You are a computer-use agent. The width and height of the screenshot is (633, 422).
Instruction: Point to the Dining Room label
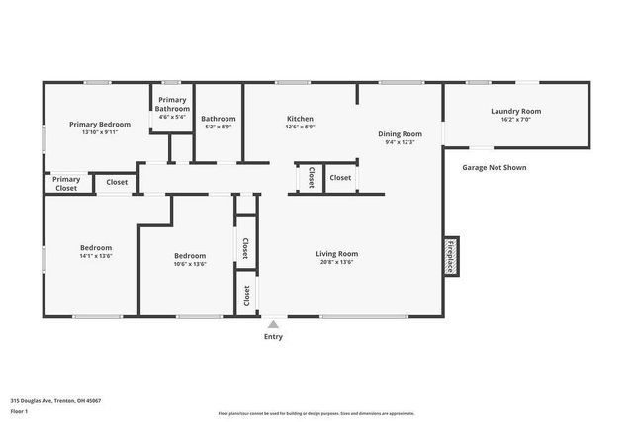[400, 133]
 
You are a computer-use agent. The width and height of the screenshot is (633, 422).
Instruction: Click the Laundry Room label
[515, 111]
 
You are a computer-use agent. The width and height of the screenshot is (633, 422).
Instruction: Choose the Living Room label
[336, 253]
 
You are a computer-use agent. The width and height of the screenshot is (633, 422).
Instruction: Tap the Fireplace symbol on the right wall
[450, 255]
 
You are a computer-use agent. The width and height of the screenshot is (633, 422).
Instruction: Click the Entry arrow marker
[273, 323]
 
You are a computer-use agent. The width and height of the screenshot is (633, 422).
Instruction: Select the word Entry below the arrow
[273, 337]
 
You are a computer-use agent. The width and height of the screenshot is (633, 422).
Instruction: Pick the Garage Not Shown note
[494, 168]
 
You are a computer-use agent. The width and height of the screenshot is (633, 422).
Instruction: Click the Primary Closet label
[66, 184]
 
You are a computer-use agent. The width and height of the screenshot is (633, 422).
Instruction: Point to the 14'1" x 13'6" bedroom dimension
[95, 256]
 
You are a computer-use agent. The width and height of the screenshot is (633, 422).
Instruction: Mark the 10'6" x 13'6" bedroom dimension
[189, 264]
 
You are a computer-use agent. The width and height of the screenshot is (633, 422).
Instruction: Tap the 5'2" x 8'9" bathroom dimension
[218, 127]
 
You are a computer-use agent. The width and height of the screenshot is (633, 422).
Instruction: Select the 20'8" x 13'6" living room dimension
[336, 262]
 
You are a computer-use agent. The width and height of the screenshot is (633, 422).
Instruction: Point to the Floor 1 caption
[19, 410]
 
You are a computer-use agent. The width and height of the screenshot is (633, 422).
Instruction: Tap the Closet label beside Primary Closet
[117, 182]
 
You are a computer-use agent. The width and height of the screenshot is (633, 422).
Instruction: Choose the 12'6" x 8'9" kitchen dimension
[300, 127]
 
